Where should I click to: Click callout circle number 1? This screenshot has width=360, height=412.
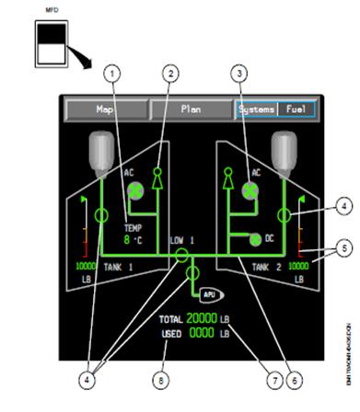pyautogui.click(x=112, y=71)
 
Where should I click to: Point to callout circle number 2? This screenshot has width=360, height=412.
pyautogui.click(x=170, y=71)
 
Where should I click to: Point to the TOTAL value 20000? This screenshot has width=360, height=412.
pyautogui.click(x=202, y=318)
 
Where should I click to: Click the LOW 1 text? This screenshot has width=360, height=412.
pyautogui.click(x=181, y=240)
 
